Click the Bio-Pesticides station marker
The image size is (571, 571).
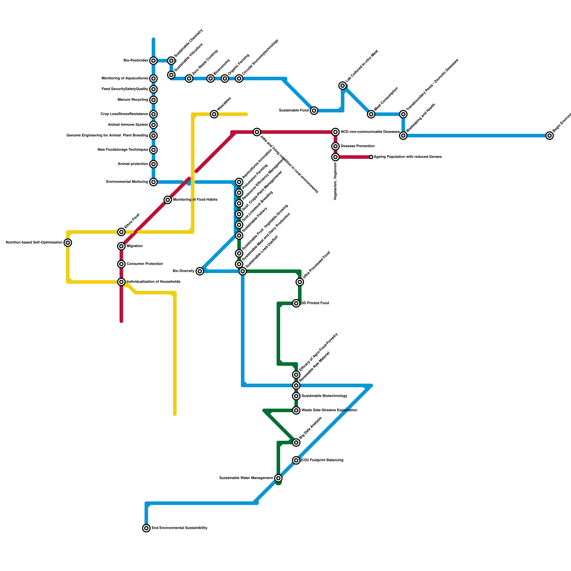pyautogui.click(x=153, y=61)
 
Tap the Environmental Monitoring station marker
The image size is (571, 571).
pyautogui.click(x=153, y=182)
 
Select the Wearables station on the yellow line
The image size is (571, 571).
pyautogui.click(x=214, y=114)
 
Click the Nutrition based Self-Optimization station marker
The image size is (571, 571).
pyautogui.click(x=68, y=243)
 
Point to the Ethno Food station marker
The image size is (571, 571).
pyautogui.click(x=121, y=232)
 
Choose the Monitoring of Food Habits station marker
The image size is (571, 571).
pyautogui.click(x=168, y=200)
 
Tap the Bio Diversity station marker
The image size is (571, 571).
pyautogui.click(x=200, y=271)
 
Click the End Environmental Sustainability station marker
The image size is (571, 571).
pyautogui.click(x=146, y=528)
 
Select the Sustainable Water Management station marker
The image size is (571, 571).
pyautogui.click(x=278, y=478)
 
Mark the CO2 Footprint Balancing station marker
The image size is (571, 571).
pyautogui.click(x=296, y=460)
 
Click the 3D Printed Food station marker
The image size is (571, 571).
pyautogui.click(x=296, y=303)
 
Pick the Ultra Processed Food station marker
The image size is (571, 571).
pyautogui.click(x=300, y=282)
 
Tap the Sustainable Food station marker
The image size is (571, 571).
pyautogui.click(x=314, y=111)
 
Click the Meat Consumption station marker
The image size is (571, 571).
pyautogui.click(x=371, y=114)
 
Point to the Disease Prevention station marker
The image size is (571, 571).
pyautogui.click(x=335, y=146)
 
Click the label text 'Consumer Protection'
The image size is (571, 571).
pyautogui.click(x=145, y=264)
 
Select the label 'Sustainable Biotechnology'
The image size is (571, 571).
pyautogui.click(x=324, y=396)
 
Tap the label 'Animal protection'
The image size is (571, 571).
pyautogui.click(x=133, y=164)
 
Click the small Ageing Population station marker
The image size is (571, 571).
pyautogui.click(x=371, y=157)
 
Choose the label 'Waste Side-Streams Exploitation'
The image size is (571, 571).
pyautogui.click(x=329, y=410)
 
